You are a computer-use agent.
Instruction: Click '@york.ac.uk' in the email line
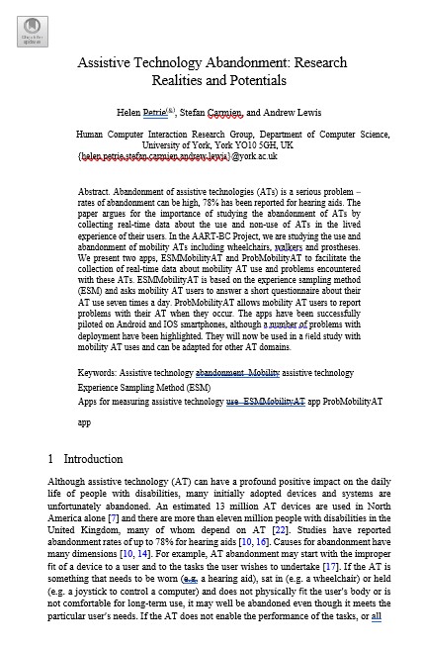(x=254, y=156)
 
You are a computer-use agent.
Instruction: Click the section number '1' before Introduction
(x=50, y=459)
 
